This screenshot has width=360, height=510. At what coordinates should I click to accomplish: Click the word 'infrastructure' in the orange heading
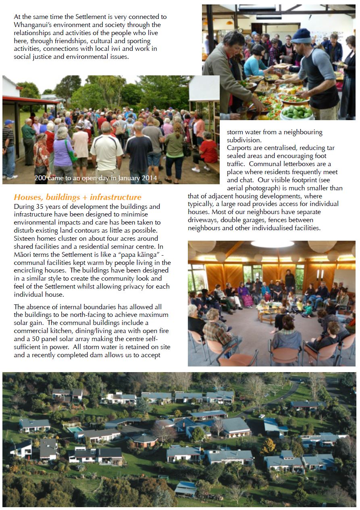click(116, 197)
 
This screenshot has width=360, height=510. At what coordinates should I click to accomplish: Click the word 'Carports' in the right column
click(240, 148)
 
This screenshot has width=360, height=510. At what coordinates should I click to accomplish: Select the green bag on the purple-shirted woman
click(71, 155)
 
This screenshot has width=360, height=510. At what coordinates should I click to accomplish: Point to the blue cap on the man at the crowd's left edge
click(9, 122)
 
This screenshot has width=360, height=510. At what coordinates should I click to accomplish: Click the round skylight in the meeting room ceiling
click(272, 244)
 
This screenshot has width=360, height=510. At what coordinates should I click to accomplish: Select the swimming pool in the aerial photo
click(75, 430)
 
